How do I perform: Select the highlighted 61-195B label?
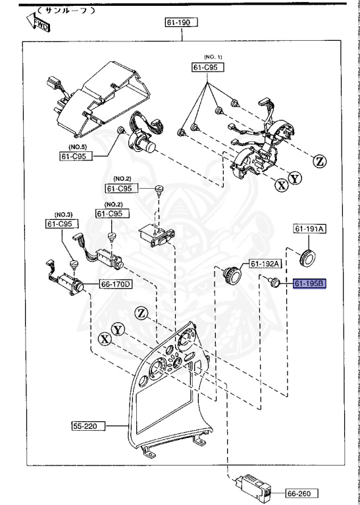[309, 284]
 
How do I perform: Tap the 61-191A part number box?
[309, 229]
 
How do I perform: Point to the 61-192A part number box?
[264, 264]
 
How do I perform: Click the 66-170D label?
[115, 285]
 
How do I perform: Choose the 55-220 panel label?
[84, 426]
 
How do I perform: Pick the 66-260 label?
[302, 493]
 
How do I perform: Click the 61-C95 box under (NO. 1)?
[207, 67]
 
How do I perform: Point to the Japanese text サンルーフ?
[65, 11]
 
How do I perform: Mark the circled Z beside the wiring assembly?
[319, 160]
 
